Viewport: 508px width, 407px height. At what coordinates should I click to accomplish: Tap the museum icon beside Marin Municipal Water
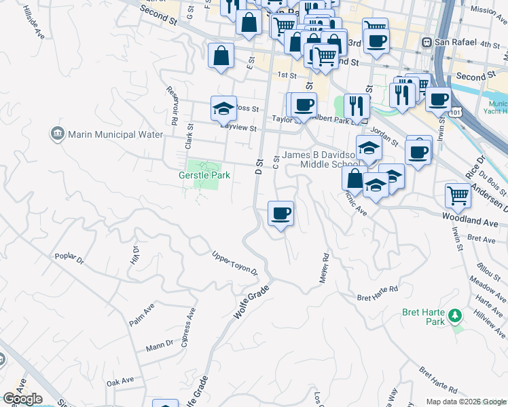click(57, 134)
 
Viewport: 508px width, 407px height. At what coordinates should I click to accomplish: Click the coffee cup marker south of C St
click(280, 214)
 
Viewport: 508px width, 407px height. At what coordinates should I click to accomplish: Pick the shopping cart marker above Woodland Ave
click(458, 196)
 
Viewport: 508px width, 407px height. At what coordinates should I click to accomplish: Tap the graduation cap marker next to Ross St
click(223, 108)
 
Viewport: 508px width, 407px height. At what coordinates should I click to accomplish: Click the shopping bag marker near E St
click(221, 57)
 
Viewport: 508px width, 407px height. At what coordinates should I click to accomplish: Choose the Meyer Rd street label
click(324, 268)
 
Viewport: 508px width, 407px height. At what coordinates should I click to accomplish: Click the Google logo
click(22, 399)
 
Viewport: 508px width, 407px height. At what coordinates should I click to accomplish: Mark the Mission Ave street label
click(488, 10)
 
